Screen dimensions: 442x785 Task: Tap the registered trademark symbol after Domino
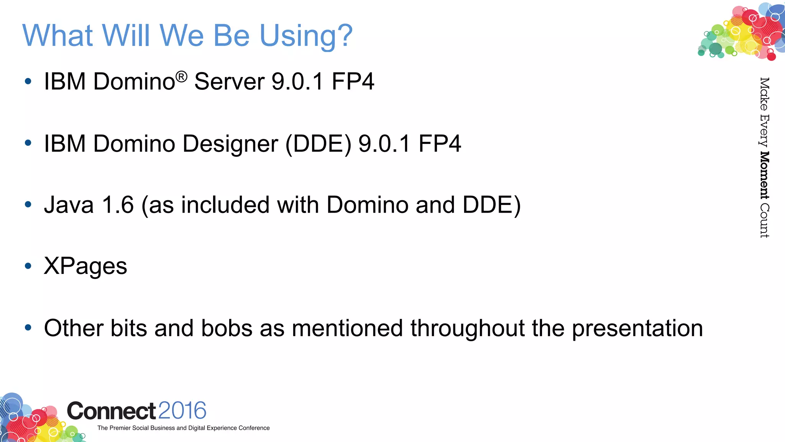182,76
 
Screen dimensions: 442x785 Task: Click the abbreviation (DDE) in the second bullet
318,144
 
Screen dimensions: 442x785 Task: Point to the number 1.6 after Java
118,205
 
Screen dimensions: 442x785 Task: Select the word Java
69,205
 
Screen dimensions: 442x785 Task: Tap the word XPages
85,266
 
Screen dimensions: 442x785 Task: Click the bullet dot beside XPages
28,266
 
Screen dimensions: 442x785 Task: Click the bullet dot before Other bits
28,328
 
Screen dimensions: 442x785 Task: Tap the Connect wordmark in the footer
111,411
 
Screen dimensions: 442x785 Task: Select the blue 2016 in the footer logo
182,411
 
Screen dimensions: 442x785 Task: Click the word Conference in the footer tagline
254,428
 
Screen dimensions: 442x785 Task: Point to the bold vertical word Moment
764,175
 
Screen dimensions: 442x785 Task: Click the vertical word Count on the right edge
764,221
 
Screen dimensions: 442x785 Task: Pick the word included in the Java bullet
225,205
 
